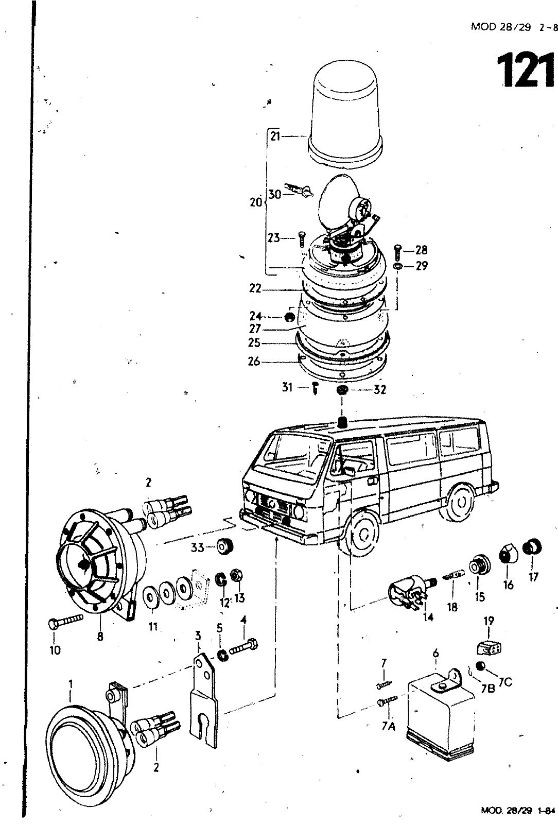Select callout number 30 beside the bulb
pyautogui.click(x=274, y=195)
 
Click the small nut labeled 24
pyautogui.click(x=289, y=316)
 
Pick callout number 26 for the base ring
pyautogui.click(x=254, y=361)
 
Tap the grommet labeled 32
pyautogui.click(x=341, y=390)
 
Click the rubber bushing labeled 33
pyautogui.click(x=224, y=547)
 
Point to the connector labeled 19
pyautogui.click(x=489, y=647)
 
